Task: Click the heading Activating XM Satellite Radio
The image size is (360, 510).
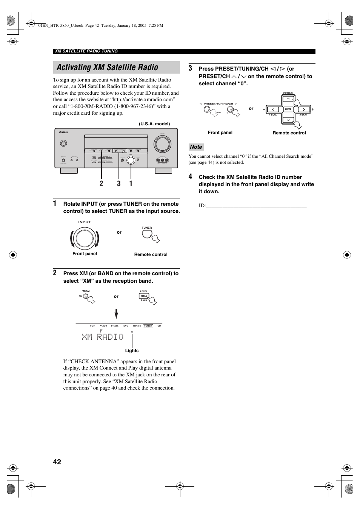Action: (x=108, y=68)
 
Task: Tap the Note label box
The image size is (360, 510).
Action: (x=196, y=147)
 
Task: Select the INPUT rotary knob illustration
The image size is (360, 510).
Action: (x=85, y=238)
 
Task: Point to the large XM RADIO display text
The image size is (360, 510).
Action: (x=103, y=336)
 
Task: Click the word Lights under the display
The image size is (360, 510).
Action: (x=132, y=351)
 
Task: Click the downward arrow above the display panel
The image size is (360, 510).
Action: (x=116, y=314)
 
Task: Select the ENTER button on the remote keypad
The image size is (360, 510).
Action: (x=288, y=109)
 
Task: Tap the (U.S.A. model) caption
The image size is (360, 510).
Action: (x=154, y=124)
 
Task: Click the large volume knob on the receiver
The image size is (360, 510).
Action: (x=162, y=144)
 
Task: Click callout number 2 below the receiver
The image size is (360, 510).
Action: (x=102, y=183)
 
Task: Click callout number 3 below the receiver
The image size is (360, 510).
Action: (x=119, y=183)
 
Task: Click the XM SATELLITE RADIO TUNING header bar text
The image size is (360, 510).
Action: (x=86, y=51)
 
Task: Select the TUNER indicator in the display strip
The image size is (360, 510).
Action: (x=148, y=326)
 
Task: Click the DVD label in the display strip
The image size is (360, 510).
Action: (x=126, y=326)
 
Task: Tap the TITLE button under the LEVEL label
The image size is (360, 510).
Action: (x=144, y=296)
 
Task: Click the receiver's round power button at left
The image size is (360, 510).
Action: (x=63, y=143)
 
